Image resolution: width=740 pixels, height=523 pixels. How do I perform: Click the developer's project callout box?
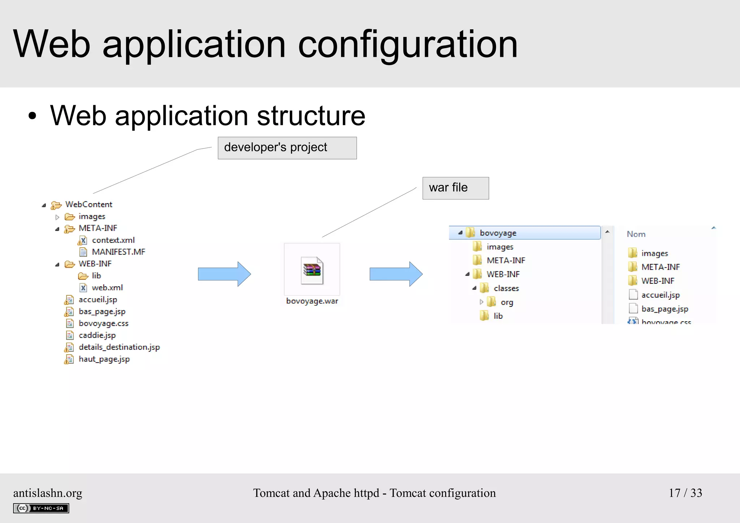point(287,148)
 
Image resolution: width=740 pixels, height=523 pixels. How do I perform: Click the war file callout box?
point(455,188)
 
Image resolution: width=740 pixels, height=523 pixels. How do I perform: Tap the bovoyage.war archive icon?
point(312,270)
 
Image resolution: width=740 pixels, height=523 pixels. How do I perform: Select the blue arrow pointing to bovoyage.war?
point(224,274)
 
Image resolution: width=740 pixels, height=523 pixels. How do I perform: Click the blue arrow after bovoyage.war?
point(396,274)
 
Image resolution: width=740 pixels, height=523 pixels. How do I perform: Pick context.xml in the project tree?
point(113,240)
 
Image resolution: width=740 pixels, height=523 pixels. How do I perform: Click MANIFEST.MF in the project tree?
point(118,252)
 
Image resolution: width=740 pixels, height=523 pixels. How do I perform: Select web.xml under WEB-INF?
point(107,288)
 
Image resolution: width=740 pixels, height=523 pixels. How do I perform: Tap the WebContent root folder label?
point(89,205)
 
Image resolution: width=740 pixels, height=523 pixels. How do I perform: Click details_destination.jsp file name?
point(119,347)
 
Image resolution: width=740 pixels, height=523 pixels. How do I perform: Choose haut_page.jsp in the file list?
point(104,359)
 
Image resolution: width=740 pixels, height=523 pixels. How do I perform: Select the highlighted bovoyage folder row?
point(524,233)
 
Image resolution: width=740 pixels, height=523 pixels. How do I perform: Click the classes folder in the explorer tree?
point(506,288)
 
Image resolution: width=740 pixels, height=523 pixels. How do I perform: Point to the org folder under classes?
point(507,302)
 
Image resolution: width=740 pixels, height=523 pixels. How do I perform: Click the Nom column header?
point(636,234)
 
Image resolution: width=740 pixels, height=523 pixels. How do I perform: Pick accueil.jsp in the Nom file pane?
point(660,295)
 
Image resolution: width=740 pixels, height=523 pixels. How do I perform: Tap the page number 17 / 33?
point(685,493)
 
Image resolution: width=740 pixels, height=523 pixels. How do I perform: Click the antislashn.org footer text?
point(48,493)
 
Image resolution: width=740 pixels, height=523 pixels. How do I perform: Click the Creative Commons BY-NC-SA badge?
point(41,508)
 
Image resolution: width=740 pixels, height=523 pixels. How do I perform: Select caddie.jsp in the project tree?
point(97,335)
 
